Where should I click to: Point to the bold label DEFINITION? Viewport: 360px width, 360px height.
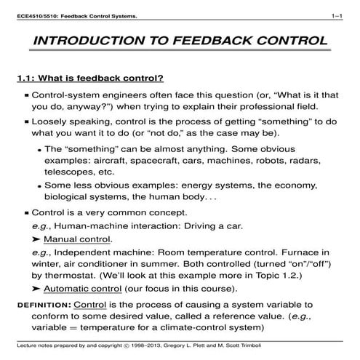pyautogui.click(x=44, y=303)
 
